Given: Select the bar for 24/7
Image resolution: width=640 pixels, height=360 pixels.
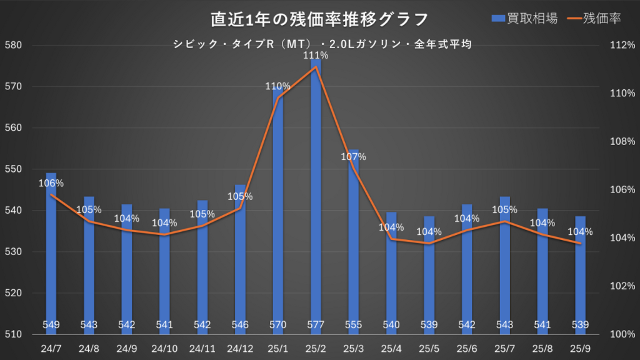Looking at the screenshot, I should point(51,250).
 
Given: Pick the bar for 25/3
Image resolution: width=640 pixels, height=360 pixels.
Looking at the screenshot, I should point(354,244).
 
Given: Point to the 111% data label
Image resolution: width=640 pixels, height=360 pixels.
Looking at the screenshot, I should point(316,56).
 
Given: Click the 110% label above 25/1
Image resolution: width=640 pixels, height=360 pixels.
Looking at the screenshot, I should point(277,86).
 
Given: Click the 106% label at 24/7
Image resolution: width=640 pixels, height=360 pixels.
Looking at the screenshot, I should point(51,184).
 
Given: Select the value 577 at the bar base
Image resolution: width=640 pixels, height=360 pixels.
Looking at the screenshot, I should point(316,325).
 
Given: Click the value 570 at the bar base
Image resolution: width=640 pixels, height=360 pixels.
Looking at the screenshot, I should point(277,325).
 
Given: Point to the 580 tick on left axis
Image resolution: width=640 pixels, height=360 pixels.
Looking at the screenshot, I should point(13,45).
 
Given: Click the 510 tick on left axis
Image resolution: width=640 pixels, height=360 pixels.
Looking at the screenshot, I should point(13,334).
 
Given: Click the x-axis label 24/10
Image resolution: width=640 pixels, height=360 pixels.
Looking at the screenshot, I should point(164,347).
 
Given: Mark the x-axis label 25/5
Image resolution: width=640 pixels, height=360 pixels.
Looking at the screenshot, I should point(429,347).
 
